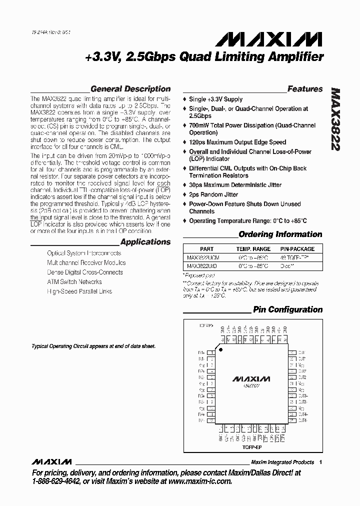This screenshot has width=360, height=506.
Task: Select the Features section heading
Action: pyautogui.click(x=305, y=89)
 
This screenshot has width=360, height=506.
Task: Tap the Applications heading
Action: pyautogui.click(x=145, y=242)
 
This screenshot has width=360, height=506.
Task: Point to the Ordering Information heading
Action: pyautogui.click(x=280, y=234)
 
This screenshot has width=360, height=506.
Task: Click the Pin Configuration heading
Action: pyautogui.click(x=287, y=309)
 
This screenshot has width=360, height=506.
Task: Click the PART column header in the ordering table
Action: pyautogui.click(x=206, y=249)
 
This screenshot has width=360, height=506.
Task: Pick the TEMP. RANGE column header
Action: pyautogui.click(x=253, y=249)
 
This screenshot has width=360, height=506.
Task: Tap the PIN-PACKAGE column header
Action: pyautogui.click(x=297, y=249)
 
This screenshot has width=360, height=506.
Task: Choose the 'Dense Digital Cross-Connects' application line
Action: pyautogui.click(x=84, y=272)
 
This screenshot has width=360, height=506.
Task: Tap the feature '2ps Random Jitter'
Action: pyautogui.click(x=213, y=194)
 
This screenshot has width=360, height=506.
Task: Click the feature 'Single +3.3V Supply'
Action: pyautogui.click(x=215, y=99)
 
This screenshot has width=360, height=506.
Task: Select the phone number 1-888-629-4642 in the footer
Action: pyautogui.click(x=57, y=481)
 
